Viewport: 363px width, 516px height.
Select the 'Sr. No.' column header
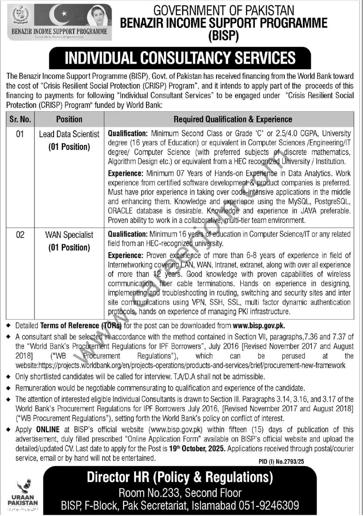click(x=20, y=119)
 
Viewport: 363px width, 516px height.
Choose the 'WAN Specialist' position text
click(x=69, y=235)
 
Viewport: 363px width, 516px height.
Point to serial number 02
click(x=20, y=235)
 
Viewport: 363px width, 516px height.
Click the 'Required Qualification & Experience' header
click(x=232, y=119)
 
